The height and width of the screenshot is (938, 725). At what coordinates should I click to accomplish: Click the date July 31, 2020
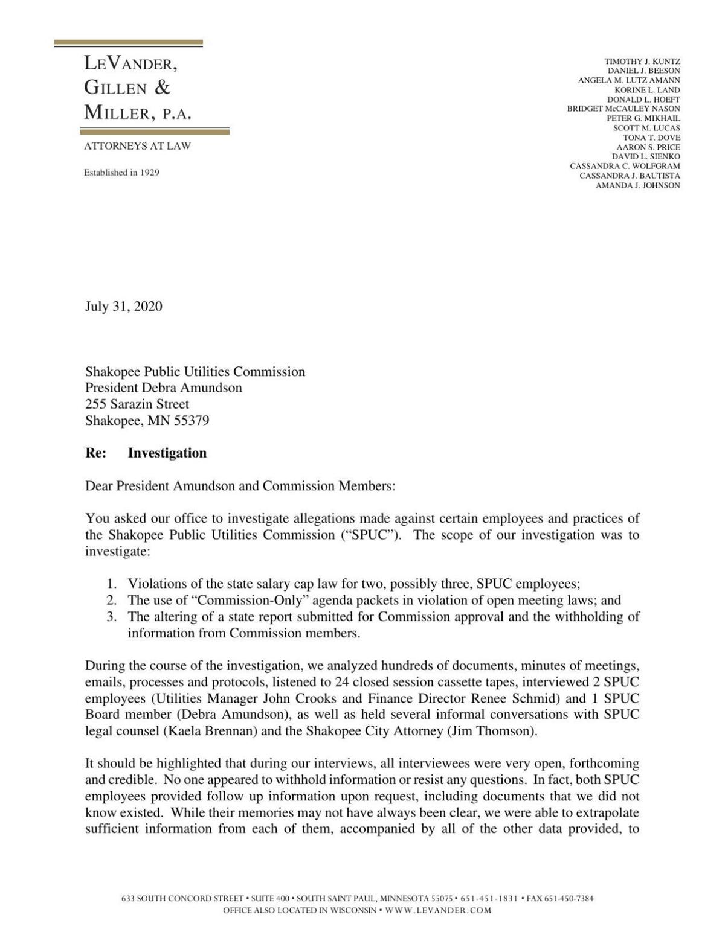123,307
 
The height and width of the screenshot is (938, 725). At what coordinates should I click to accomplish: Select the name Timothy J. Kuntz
642,62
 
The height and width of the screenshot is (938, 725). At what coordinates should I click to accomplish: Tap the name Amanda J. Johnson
637,185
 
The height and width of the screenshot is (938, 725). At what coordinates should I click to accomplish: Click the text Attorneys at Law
137,146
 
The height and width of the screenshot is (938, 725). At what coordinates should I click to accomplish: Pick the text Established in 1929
121,173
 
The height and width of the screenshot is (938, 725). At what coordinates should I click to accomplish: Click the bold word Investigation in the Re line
167,453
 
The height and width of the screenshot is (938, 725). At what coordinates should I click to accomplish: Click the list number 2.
111,601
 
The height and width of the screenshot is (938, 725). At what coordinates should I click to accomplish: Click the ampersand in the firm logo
163,88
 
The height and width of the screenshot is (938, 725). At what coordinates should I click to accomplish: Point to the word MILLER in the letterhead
117,113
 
